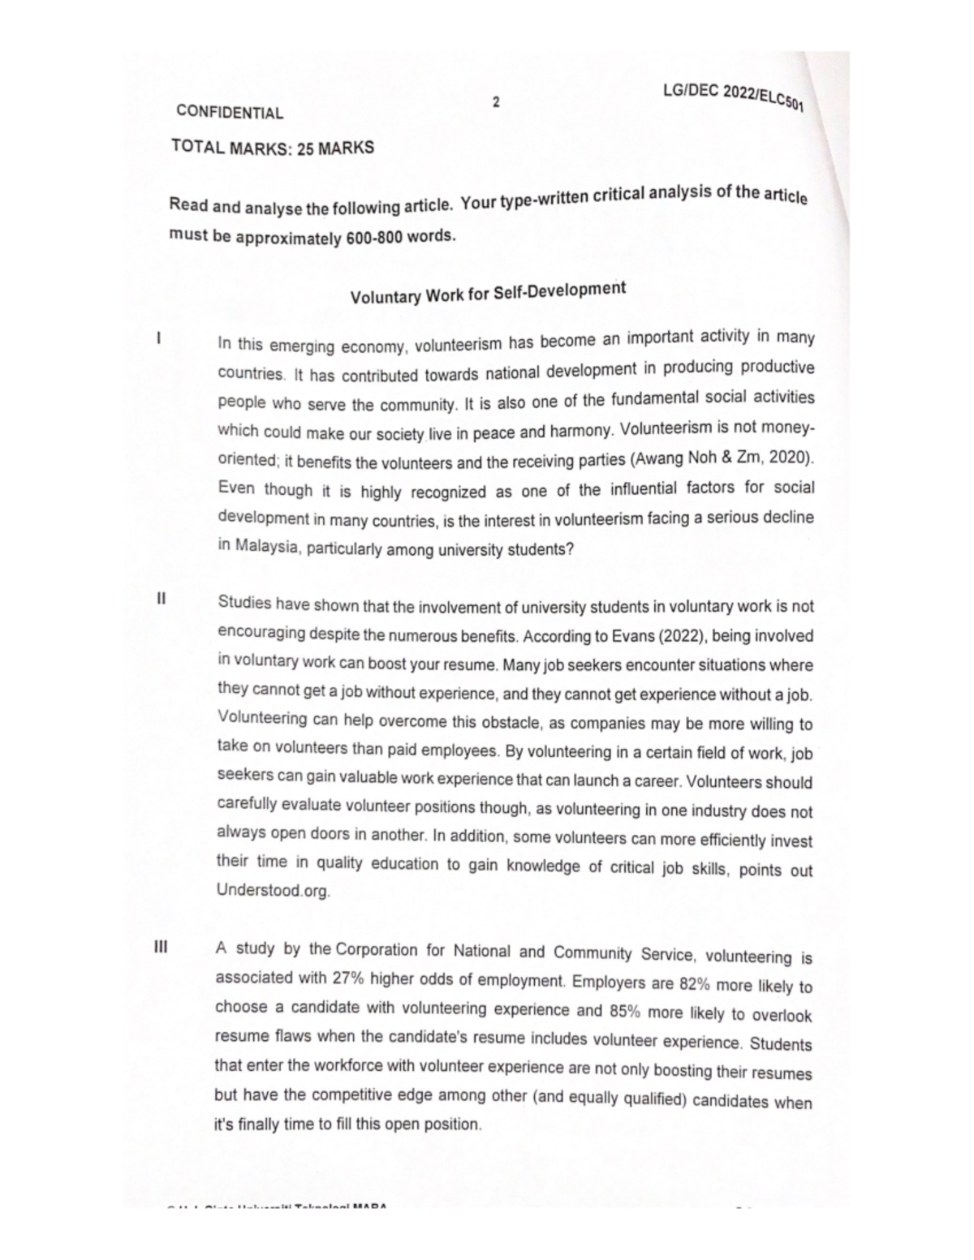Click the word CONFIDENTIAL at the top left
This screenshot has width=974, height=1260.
[230, 113]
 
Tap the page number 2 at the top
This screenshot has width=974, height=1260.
[497, 102]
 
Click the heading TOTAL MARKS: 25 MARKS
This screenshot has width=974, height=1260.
[273, 148]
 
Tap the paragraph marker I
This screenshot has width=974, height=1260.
[159, 336]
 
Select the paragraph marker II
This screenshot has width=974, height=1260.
[162, 599]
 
